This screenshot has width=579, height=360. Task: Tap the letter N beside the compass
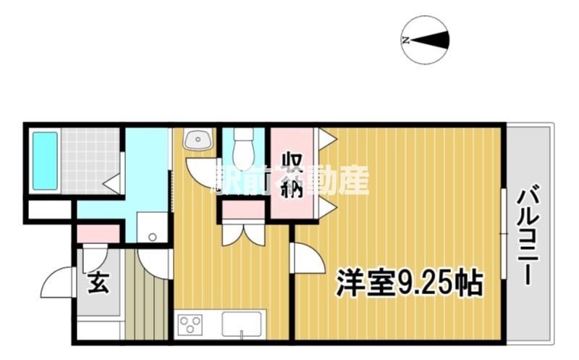pyautogui.click(x=406, y=41)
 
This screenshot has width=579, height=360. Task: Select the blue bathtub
pyautogui.click(x=44, y=161)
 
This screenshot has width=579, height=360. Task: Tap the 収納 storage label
pyautogui.click(x=292, y=174)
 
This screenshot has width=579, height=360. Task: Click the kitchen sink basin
pyautogui.click(x=243, y=323)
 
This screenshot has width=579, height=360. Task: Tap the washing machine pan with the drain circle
pyautogui.click(x=152, y=228)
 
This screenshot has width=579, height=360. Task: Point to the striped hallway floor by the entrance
pyautogui.click(x=145, y=297)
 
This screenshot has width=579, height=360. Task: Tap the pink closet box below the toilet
pyautogui.click(x=244, y=211)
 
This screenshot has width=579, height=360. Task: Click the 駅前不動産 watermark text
pyautogui.click(x=289, y=180)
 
